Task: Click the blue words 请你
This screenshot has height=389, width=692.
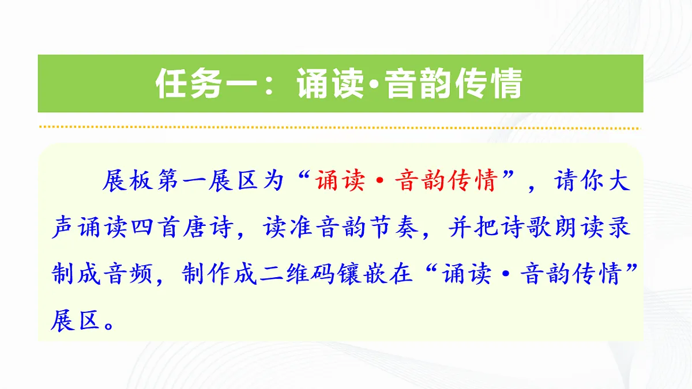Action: point(581,182)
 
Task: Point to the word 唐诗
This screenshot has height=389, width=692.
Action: point(203,228)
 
